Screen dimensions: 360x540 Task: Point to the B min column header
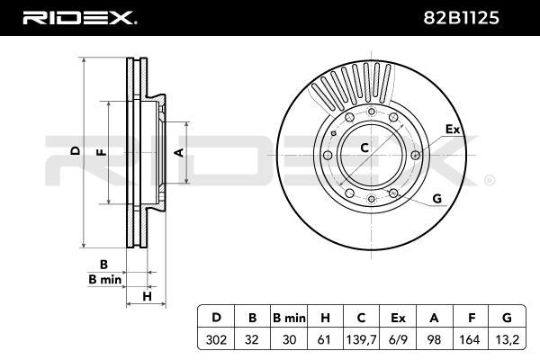point(290,317)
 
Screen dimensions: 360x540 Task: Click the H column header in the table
point(326,317)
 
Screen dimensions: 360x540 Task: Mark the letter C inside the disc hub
point(365,148)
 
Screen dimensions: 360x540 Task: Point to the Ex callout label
point(453,130)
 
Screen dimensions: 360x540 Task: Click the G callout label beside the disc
point(436,198)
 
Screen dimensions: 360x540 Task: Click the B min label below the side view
point(104,280)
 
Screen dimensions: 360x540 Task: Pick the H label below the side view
point(145,296)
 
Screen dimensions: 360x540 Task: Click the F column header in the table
point(470,317)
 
